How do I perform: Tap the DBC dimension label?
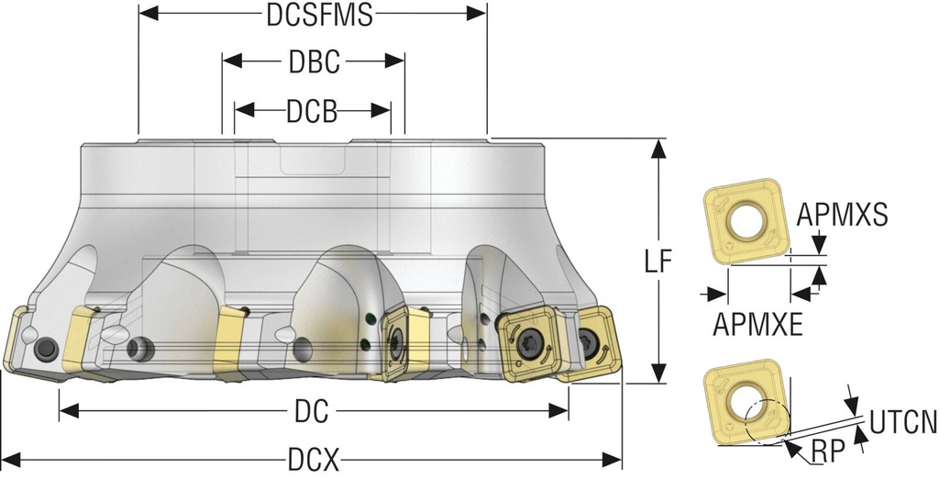coord(314,62)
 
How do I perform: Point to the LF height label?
coord(657,262)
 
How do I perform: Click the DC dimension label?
coord(313,412)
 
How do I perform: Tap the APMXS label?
coord(842,215)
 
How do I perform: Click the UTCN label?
coord(902,423)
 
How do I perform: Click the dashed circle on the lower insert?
coord(765,423)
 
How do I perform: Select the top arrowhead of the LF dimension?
coord(657,147)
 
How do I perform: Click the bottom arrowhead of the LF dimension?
coord(657,374)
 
